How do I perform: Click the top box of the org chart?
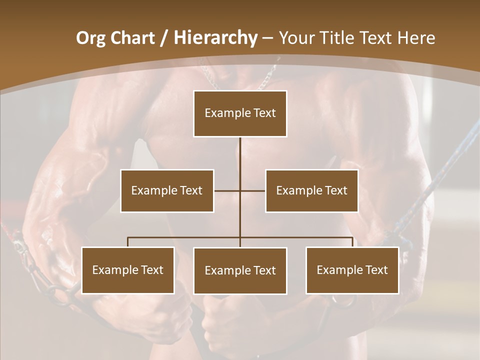pyautogui.click(x=240, y=113)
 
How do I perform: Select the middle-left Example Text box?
pyautogui.click(x=167, y=190)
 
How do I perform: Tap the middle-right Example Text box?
pyautogui.click(x=311, y=190)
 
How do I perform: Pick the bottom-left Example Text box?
pyautogui.click(x=128, y=270)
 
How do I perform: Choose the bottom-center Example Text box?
pyautogui.click(x=240, y=270)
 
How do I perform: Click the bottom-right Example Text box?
pyautogui.click(x=352, y=270)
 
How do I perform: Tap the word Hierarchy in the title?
pyautogui.click(x=215, y=38)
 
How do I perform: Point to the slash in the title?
pyautogui.click(x=164, y=38)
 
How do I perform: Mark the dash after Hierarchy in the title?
pyautogui.click(x=267, y=38)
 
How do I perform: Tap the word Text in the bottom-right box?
pyautogui.click(x=376, y=270)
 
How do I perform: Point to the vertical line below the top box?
pyautogui.click(x=240, y=155)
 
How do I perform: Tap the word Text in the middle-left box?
pyautogui.click(x=191, y=190)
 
